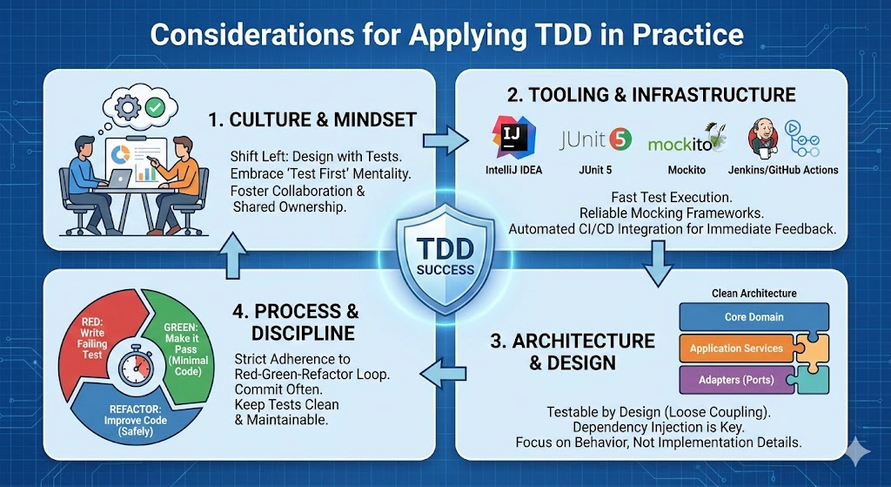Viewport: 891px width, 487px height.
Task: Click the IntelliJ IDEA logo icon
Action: point(513,137)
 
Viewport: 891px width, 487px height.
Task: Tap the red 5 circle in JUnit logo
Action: point(620,139)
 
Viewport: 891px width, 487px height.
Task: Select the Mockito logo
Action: point(687,140)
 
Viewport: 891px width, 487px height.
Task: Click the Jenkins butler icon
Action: point(762,139)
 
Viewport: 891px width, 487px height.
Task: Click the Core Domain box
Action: point(754,317)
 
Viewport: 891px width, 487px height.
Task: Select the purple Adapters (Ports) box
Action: point(736,380)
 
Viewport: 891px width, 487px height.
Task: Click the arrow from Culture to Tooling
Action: point(445,139)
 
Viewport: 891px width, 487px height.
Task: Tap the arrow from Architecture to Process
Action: point(443,373)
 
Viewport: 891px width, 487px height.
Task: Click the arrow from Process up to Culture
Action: point(233,255)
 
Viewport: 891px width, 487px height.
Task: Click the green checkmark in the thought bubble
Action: point(155,106)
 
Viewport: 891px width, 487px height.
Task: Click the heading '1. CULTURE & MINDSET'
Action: point(312,119)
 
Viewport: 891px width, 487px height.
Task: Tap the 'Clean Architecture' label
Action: point(754,293)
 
